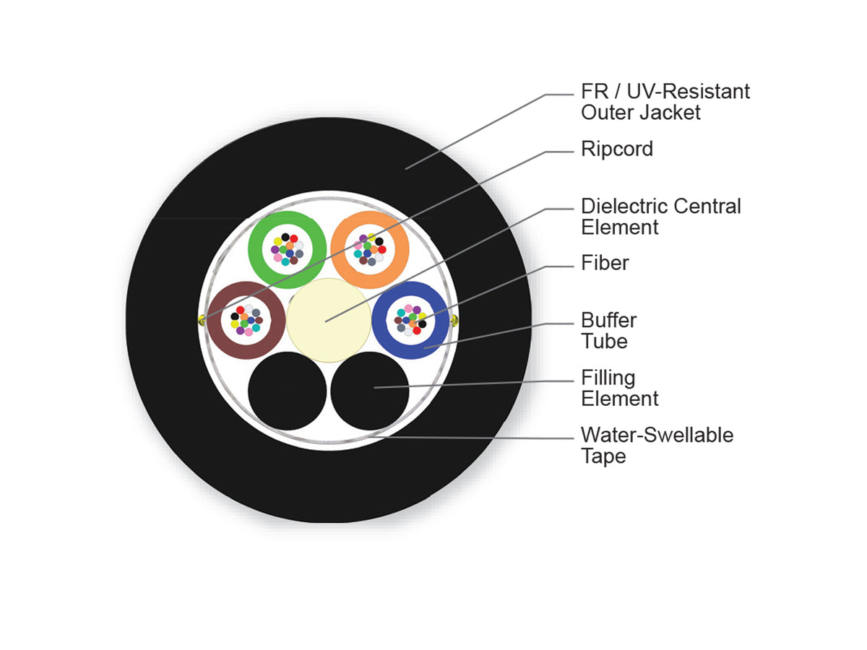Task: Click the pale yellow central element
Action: click(x=329, y=320)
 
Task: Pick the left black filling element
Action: click(x=287, y=391)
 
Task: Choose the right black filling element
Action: click(x=370, y=391)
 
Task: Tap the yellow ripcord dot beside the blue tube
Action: click(x=454, y=321)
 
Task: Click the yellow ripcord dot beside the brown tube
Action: click(x=202, y=321)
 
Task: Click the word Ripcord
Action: click(x=616, y=149)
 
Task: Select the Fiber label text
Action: click(x=605, y=263)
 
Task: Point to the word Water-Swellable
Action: click(x=657, y=435)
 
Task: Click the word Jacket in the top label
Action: click(x=670, y=113)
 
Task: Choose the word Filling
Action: click(x=608, y=378)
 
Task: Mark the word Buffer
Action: click(x=608, y=320)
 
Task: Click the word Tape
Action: click(x=603, y=456)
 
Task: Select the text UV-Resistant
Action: click(x=688, y=92)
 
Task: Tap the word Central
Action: click(x=707, y=206)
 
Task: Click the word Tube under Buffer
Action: click(x=604, y=342)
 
